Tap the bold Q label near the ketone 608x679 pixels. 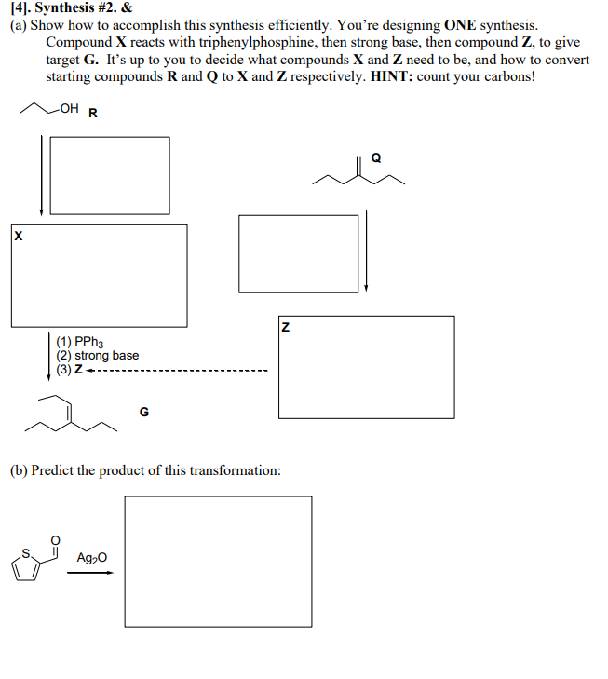[376, 157]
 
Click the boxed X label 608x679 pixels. [17, 238]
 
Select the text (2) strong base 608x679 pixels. [98, 355]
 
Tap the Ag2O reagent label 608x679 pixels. [92, 558]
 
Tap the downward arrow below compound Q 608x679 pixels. [367, 251]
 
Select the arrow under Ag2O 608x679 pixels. [92, 573]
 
